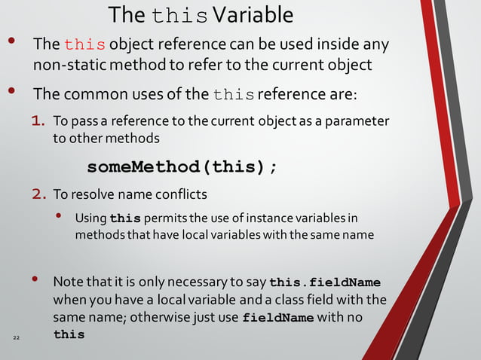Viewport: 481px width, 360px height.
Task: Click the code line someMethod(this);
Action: pyautogui.click(x=182, y=166)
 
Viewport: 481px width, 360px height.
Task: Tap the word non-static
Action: pyautogui.click(x=64, y=65)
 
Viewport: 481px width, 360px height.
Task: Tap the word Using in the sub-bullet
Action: pyautogui.click(x=90, y=218)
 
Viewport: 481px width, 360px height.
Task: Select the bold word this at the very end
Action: pyautogui.click(x=69, y=334)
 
